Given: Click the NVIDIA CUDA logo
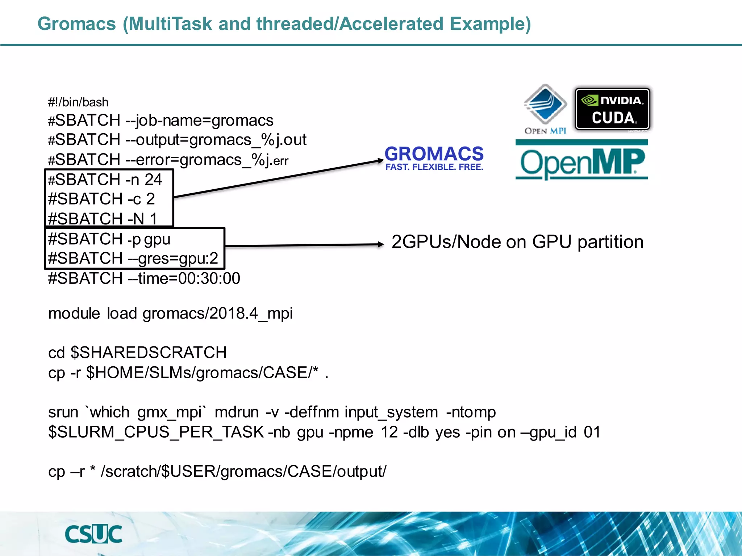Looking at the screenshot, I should click(x=613, y=109).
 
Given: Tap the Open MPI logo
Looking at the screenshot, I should click(x=545, y=109).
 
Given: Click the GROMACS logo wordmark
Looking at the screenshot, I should click(x=434, y=158).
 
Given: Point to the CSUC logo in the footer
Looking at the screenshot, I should click(x=93, y=534).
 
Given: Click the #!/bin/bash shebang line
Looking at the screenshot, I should click(x=78, y=102).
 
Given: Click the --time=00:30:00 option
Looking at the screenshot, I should click(x=184, y=278).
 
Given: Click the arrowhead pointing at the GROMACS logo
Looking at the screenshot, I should click(x=380, y=161).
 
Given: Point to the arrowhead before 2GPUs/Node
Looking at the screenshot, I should click(x=380, y=244).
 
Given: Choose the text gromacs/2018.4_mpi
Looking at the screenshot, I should click(x=217, y=313).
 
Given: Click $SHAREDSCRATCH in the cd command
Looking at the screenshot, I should click(x=149, y=353).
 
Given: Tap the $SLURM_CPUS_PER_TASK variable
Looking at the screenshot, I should click(x=156, y=432).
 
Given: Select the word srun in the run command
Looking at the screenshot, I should click(x=63, y=412).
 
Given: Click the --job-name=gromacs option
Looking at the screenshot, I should click(x=199, y=121).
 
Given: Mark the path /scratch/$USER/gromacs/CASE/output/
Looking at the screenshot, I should click(x=243, y=472).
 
